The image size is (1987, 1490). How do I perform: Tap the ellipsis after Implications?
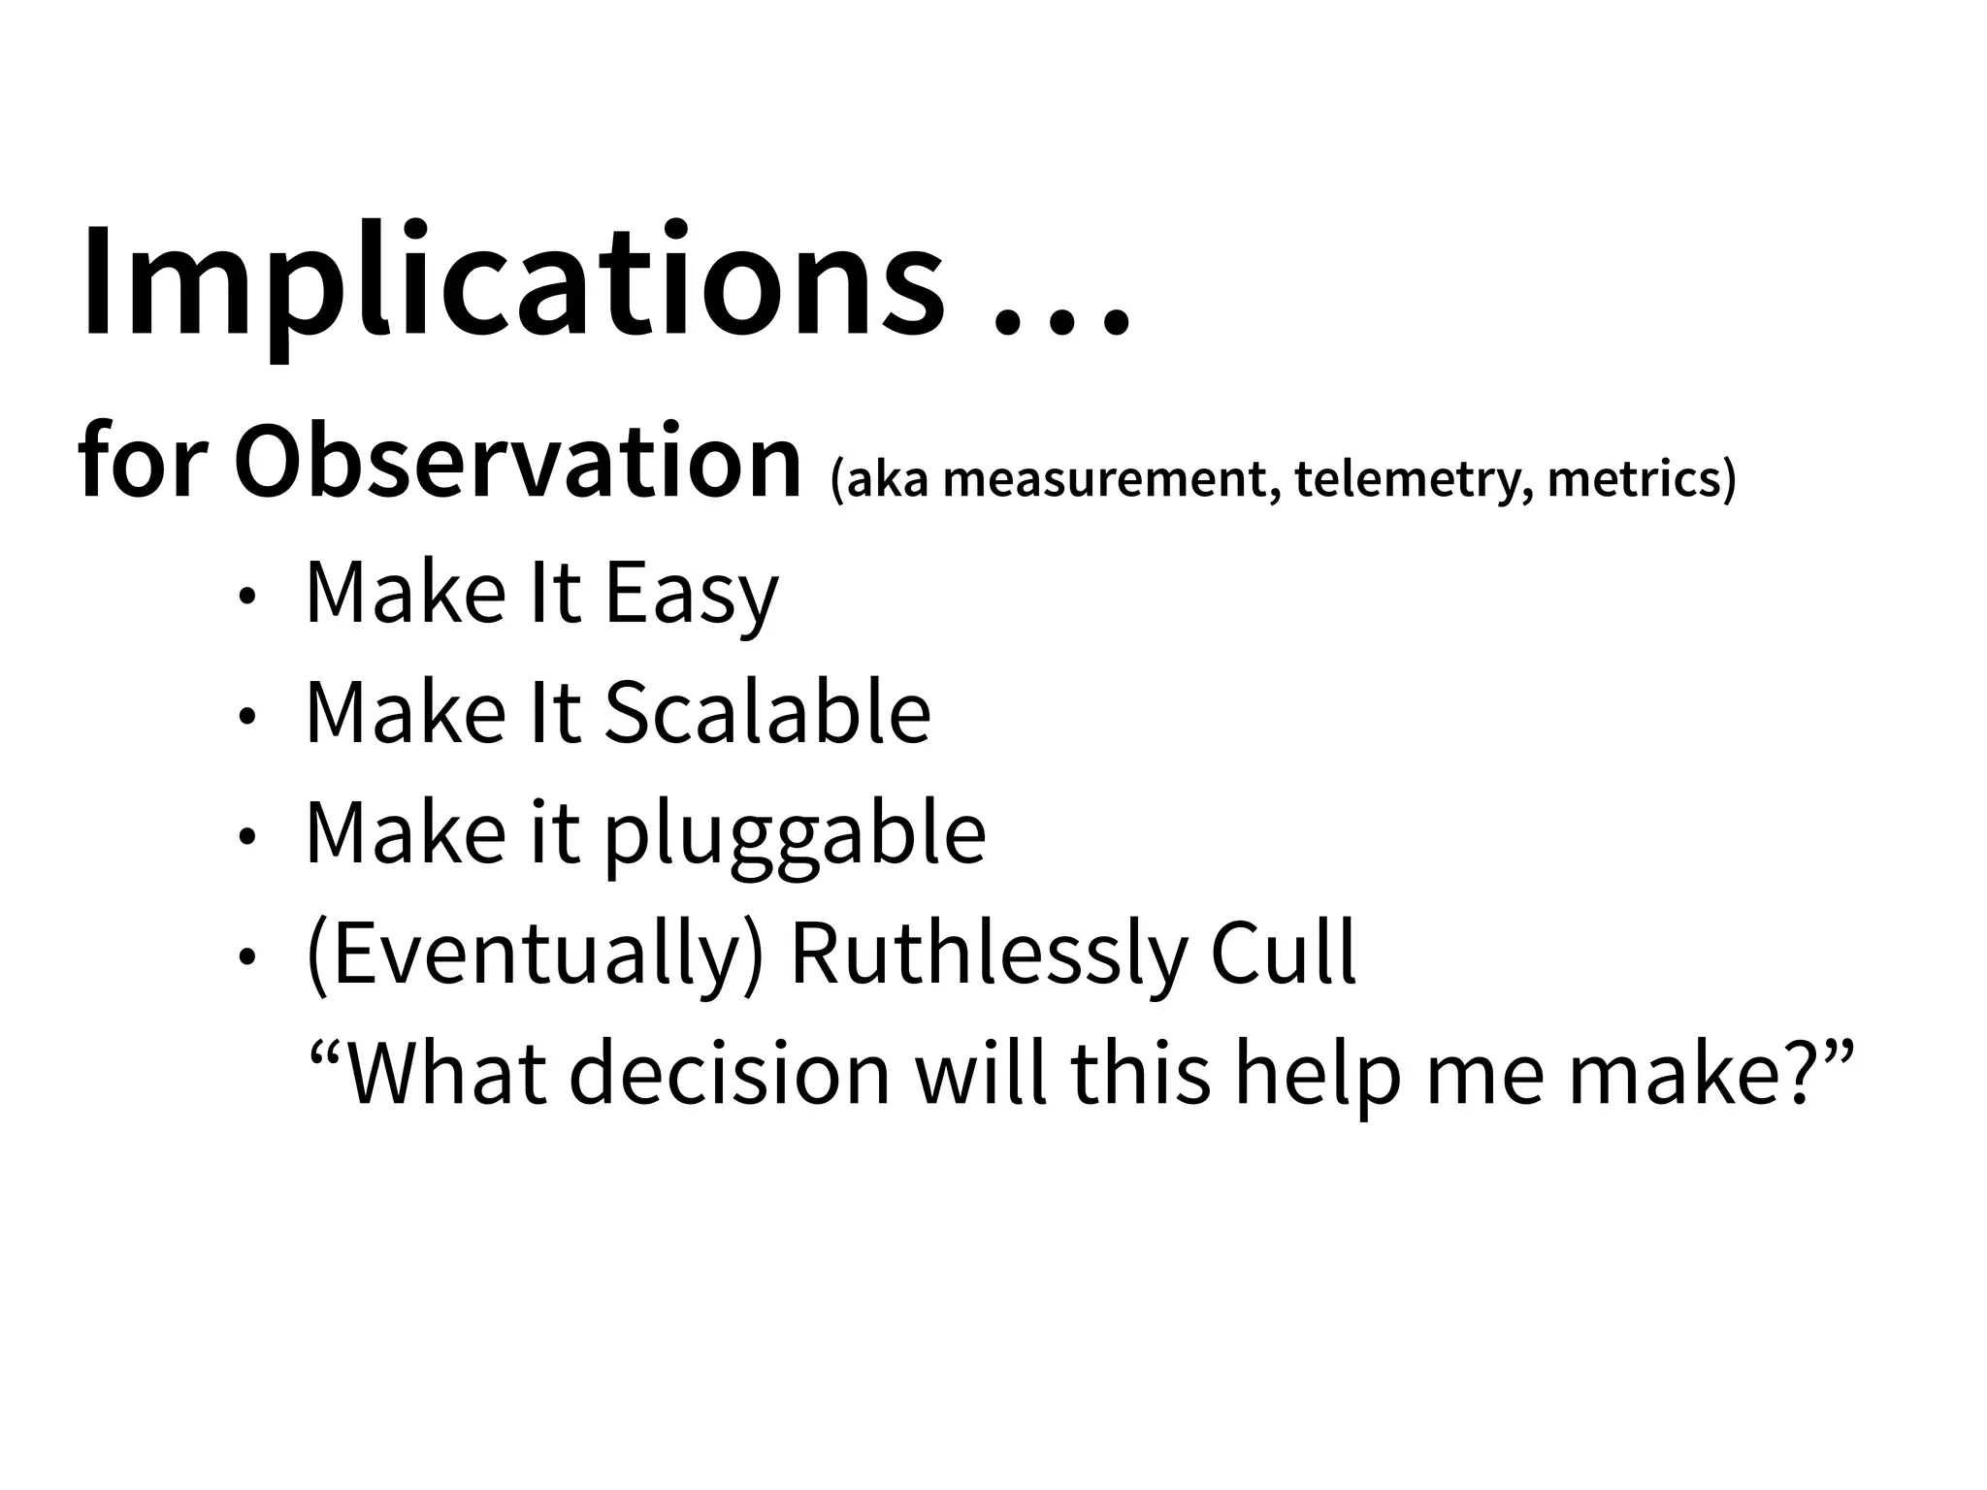tap(1062, 320)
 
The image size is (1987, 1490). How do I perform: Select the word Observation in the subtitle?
tap(517, 463)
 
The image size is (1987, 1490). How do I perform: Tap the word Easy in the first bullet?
tap(692, 594)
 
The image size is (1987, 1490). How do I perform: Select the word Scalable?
tap(767, 713)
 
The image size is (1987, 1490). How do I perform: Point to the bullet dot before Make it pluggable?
tap(248, 837)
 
